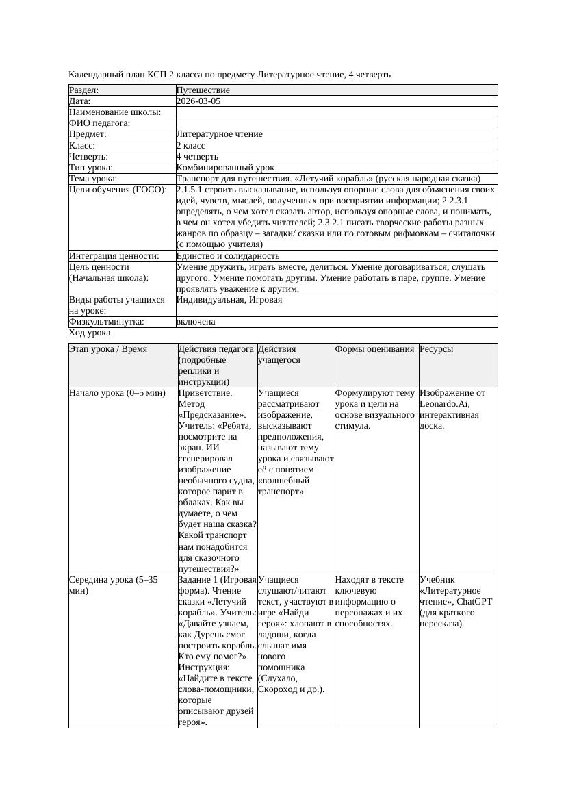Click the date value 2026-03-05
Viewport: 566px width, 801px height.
pos(198,101)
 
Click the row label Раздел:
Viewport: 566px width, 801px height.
pos(84,90)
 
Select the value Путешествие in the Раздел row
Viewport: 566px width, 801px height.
pos(203,90)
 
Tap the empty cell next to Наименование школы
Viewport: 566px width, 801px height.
pos(336,112)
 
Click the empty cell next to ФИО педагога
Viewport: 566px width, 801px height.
pos(336,123)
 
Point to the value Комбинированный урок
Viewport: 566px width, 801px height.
pos(225,168)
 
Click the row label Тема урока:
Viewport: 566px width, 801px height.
pos(94,179)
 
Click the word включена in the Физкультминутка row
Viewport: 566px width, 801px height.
pos(195,322)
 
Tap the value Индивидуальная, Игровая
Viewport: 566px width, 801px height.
pos(219,300)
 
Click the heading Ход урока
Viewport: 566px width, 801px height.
pos(90,333)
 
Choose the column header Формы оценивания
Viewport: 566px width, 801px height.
pos(375,349)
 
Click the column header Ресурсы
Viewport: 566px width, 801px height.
pos(436,349)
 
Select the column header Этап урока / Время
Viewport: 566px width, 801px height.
pos(108,349)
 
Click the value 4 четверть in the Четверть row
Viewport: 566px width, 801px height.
pos(197,157)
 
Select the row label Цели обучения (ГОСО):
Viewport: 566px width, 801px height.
pos(117,190)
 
